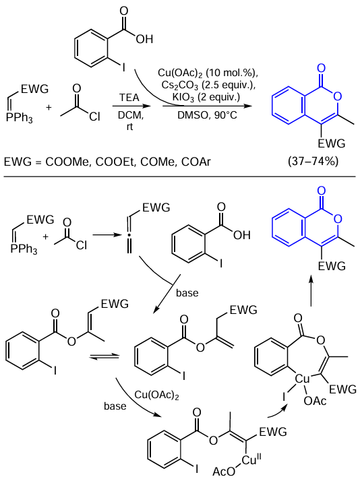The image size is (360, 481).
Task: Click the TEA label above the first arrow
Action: click(129, 98)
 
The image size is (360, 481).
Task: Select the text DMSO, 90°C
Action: click(207, 115)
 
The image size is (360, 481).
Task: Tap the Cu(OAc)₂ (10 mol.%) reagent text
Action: click(208, 73)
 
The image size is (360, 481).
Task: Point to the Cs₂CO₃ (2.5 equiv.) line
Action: click(208, 86)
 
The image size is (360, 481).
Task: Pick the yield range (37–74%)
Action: click(313, 161)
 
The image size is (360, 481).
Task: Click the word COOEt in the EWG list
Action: click(115, 162)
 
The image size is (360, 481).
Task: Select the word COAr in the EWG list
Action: click(196, 162)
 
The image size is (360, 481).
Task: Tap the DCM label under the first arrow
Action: click(130, 115)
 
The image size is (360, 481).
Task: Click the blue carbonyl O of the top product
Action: click(321, 68)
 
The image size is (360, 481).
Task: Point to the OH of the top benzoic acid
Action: click(144, 39)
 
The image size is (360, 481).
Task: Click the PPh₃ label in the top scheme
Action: click(19, 119)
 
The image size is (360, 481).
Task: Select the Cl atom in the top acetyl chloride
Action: click(95, 117)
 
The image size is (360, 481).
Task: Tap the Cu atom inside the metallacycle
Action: click(302, 379)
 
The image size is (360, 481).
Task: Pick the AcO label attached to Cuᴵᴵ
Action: click(223, 472)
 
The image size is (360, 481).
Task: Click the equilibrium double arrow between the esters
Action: click(104, 357)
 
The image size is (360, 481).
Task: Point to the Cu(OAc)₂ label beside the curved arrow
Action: click(156, 395)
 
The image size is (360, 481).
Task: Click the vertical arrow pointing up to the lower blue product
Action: click(311, 290)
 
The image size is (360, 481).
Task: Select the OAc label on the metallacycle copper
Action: click(315, 401)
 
